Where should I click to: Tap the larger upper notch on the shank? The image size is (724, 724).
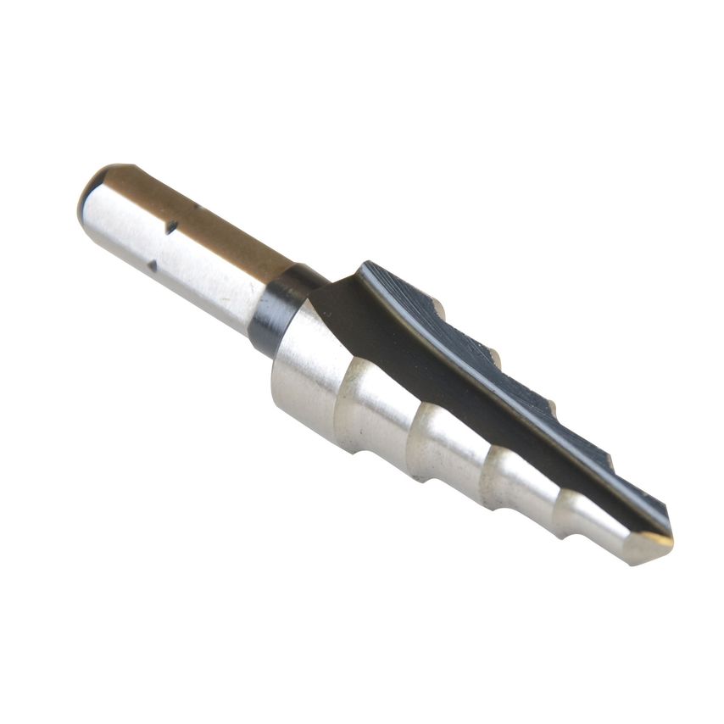pos(171,226)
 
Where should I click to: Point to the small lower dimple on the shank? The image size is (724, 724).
pos(153,265)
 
